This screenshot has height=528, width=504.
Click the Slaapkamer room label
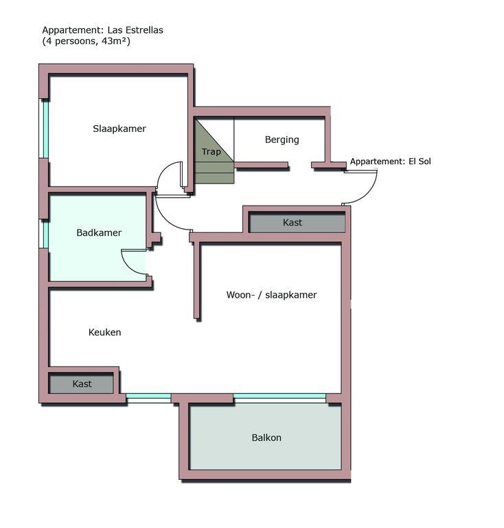(119, 129)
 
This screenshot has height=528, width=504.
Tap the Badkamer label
(99, 232)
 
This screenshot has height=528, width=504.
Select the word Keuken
(104, 332)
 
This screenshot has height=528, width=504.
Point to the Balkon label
(266, 437)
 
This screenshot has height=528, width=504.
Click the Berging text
(282, 140)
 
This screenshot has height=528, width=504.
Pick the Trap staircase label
(211, 152)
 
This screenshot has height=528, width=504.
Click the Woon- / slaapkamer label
(271, 295)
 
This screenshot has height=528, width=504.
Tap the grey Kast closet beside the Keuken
(81, 384)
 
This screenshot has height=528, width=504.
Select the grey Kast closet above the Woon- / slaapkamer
(297, 222)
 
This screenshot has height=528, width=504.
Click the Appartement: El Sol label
(390, 162)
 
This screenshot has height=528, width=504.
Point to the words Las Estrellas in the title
(135, 30)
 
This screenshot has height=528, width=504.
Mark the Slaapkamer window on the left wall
(44, 129)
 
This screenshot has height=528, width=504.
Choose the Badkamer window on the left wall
(44, 234)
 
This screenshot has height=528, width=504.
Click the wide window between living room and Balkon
(279, 398)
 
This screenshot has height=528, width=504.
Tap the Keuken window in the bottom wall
(148, 398)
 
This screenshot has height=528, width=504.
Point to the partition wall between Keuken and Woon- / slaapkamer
(197, 280)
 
